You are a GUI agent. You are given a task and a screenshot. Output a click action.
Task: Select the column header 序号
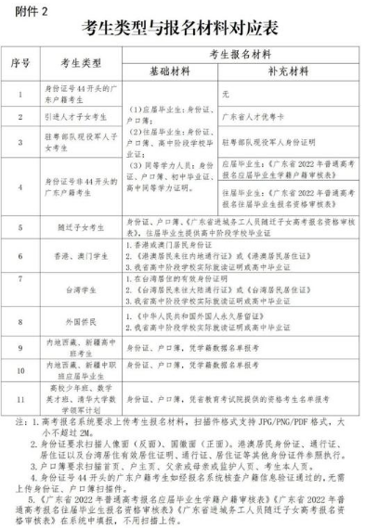tap(26, 63)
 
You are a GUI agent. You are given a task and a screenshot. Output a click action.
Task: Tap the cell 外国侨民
tap(81, 320)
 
